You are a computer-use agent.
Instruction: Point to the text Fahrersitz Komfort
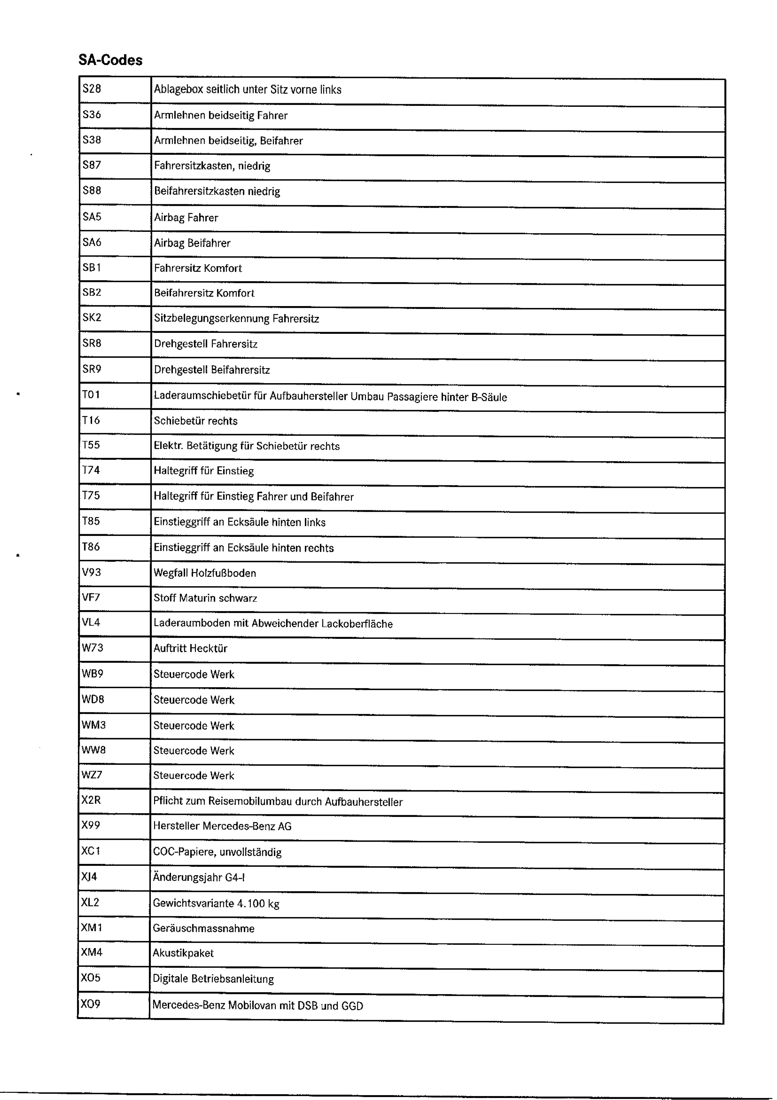[198, 268]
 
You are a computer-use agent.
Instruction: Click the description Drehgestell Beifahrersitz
[212, 370]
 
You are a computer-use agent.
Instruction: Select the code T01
[91, 395]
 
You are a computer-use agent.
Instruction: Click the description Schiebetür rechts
[196, 421]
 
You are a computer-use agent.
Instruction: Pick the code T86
[91, 547]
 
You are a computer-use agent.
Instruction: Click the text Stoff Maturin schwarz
[205, 598]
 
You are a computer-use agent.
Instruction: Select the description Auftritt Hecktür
[190, 648]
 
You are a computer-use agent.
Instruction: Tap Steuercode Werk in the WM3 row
[194, 725]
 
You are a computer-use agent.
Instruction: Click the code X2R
[91, 800]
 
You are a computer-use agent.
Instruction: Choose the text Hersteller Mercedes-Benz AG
[222, 826]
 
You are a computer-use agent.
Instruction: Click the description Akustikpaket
[183, 953]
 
